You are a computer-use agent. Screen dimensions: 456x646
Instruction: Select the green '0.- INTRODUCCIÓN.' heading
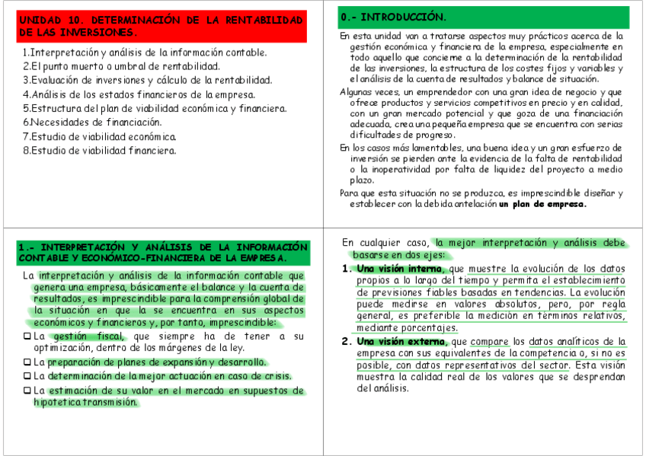[x=484, y=17]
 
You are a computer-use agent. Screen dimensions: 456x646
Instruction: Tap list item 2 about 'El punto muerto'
[x=121, y=66]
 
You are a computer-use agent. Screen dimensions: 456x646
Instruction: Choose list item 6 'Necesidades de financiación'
[x=92, y=122]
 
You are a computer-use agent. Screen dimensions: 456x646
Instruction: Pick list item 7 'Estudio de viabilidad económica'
[x=100, y=136]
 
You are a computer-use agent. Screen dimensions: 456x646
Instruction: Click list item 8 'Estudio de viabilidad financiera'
[x=100, y=150]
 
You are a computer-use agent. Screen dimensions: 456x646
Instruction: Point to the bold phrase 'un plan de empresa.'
[x=542, y=204]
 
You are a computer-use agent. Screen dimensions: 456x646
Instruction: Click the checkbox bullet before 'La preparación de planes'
[x=27, y=362]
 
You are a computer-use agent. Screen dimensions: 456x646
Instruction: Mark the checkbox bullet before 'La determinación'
[x=27, y=376]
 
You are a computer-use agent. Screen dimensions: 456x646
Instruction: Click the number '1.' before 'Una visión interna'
[x=347, y=269]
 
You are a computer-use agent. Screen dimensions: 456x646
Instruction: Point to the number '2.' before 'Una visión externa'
[x=347, y=341]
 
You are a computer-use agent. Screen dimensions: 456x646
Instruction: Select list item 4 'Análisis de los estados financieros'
[x=139, y=94]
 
